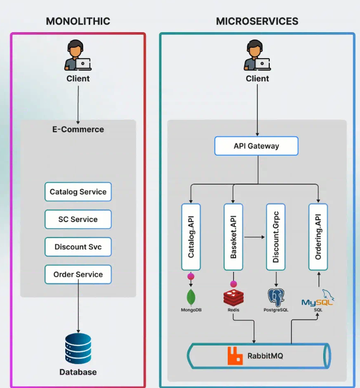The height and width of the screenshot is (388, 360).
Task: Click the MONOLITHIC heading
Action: click(x=78, y=21)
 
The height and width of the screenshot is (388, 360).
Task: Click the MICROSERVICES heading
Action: click(x=257, y=21)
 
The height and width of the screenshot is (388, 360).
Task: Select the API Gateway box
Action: click(x=256, y=146)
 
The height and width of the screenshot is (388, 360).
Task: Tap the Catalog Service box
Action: click(x=78, y=192)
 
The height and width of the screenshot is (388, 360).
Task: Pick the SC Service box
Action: click(x=78, y=219)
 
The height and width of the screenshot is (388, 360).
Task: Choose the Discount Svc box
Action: click(x=78, y=247)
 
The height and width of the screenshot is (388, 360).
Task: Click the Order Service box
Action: click(x=78, y=274)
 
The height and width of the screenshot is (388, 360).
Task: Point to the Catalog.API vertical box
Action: click(x=191, y=237)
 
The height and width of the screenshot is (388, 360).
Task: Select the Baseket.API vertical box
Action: click(x=233, y=237)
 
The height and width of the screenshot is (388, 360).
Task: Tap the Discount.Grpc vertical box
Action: click(x=276, y=237)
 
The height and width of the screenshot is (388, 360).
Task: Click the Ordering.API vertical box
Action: click(x=318, y=237)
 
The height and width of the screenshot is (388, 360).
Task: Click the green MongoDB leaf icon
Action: click(x=191, y=297)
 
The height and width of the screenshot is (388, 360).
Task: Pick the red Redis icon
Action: click(x=233, y=297)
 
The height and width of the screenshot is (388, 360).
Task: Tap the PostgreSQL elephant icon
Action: click(x=276, y=297)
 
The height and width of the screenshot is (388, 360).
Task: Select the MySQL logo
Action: click(x=317, y=300)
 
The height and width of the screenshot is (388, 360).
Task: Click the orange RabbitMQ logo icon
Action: click(x=235, y=356)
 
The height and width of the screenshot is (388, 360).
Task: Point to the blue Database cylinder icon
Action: click(x=78, y=349)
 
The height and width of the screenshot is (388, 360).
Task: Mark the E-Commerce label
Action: click(x=78, y=130)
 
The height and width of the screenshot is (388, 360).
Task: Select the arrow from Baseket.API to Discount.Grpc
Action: click(x=254, y=237)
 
